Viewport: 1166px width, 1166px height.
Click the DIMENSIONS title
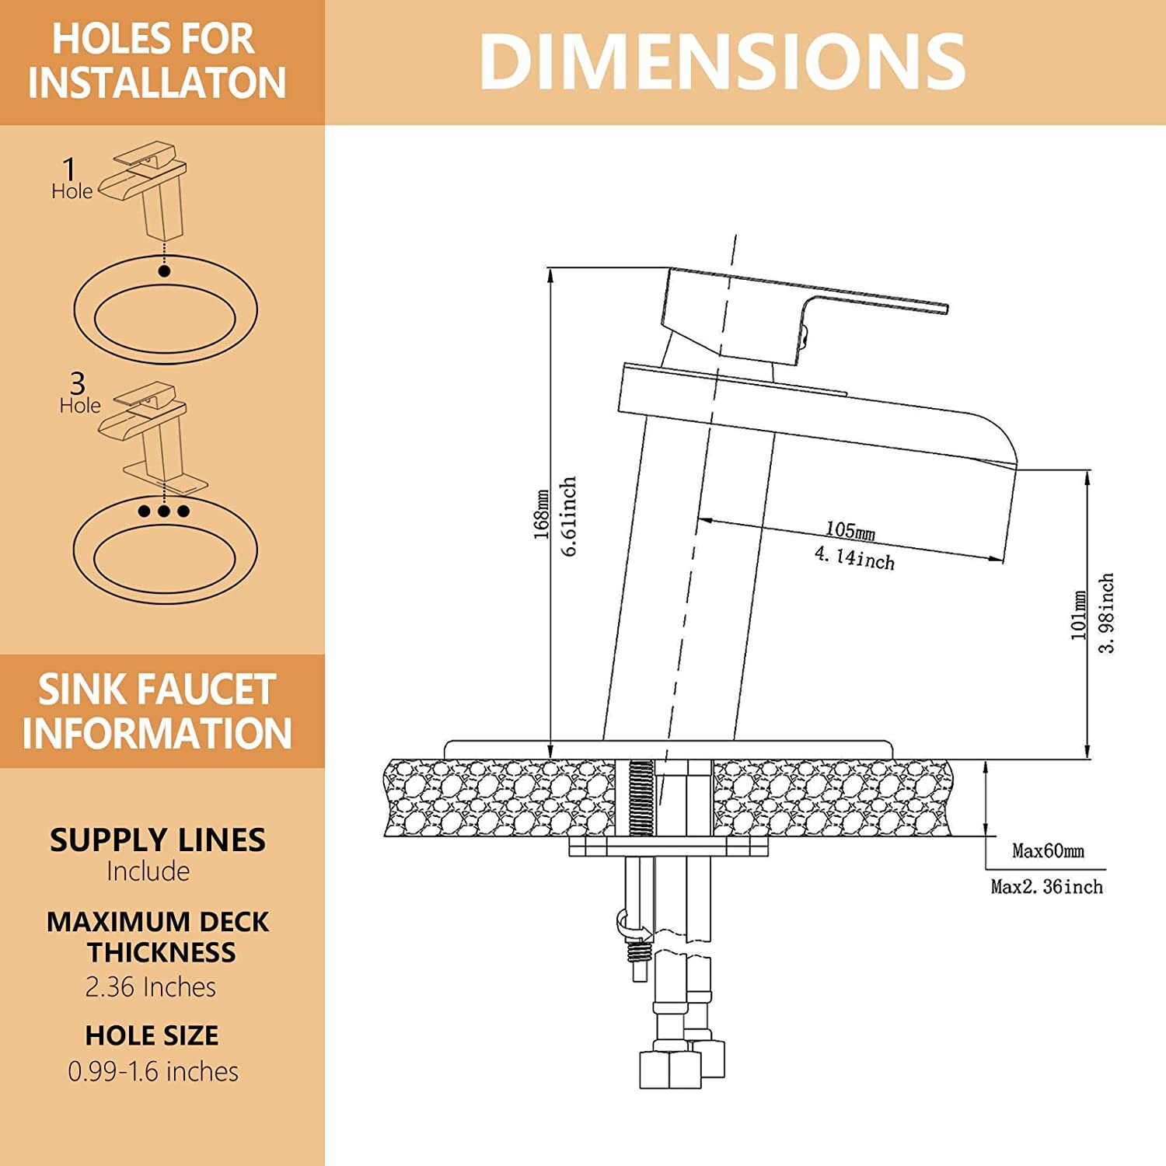point(722,62)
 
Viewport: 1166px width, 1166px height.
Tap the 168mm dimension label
point(542,514)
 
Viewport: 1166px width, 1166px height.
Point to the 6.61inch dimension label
point(569,516)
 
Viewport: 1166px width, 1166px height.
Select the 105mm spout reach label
point(850,530)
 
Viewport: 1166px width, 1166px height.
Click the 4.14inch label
point(854,557)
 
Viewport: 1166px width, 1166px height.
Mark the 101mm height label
point(1079,615)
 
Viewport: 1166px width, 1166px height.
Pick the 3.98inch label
point(1107,613)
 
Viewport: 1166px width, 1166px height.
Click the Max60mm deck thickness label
point(1048,850)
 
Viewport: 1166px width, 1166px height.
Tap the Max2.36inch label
point(1046,886)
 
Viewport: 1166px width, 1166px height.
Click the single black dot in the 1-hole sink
point(164,271)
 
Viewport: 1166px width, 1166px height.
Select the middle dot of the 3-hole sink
point(164,511)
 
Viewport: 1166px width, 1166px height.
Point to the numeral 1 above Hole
point(70,169)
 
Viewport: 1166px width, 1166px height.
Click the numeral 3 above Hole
point(77,382)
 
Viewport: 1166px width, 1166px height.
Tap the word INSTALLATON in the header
point(157,82)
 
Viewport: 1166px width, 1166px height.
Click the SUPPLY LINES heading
point(158,840)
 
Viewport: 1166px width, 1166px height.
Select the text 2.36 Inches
point(151,986)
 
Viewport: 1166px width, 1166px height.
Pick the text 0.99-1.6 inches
point(153,1071)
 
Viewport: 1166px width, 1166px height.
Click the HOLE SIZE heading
point(152,1035)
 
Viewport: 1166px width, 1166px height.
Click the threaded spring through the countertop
point(641,798)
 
